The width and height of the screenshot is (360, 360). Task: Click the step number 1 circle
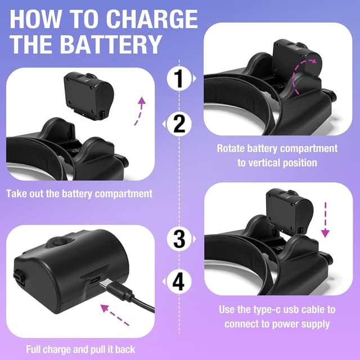coord(179,79)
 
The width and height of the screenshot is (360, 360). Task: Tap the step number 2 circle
coord(179,124)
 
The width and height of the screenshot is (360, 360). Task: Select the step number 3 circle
coord(179,239)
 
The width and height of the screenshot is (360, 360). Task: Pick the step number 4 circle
coord(179,282)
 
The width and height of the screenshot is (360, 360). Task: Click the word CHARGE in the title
coord(152,19)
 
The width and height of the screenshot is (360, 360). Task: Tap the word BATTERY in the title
coord(111,44)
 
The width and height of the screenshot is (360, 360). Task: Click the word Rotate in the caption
coord(231,148)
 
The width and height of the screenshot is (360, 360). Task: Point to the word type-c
coord(267,310)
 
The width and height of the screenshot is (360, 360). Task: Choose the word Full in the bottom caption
coord(33,349)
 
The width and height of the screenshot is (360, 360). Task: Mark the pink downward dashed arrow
coord(325,219)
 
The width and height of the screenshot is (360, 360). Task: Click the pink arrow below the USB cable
coord(114,314)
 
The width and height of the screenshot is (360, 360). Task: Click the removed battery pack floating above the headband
coord(89,96)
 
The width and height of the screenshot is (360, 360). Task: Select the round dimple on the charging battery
coord(61,242)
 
